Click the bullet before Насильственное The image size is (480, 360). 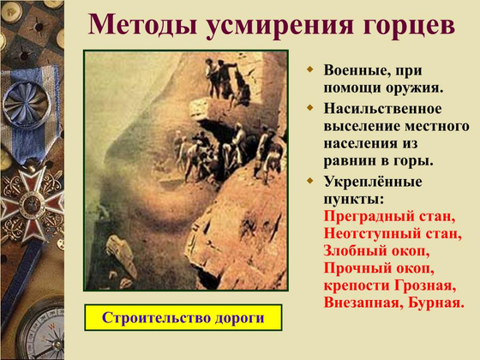point(312,110)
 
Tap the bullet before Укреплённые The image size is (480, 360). point(312,182)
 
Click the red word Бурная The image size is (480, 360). point(437,303)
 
